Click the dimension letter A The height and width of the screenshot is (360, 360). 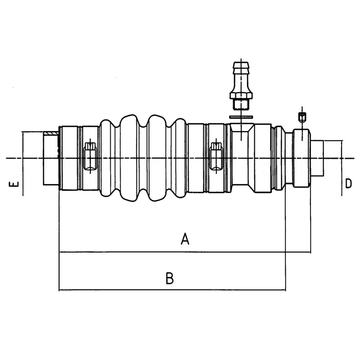point(184,239)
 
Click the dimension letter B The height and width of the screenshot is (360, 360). point(169,279)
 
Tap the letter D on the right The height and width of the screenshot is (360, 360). point(348,183)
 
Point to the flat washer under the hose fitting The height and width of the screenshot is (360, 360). point(241,117)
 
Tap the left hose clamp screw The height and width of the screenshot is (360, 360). point(90,156)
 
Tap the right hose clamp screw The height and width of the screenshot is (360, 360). point(216,156)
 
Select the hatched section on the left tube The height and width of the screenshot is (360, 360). point(51,133)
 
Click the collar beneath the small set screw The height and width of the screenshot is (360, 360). point(302,157)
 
